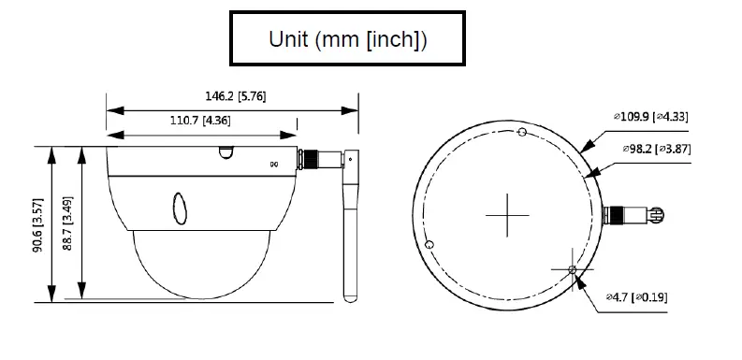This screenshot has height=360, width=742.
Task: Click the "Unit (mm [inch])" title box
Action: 347,38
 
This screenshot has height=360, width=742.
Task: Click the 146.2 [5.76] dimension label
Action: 235,96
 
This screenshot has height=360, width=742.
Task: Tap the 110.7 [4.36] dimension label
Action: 200,121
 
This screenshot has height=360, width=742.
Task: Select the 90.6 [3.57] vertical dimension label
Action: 38,224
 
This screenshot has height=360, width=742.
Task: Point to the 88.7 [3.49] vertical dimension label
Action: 67,223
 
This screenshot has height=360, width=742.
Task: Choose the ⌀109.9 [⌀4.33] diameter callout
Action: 650,116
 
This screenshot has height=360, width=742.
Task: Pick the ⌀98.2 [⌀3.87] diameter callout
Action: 656,149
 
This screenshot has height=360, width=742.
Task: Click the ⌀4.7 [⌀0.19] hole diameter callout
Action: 637,297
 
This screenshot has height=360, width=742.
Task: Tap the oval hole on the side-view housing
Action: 180,209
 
